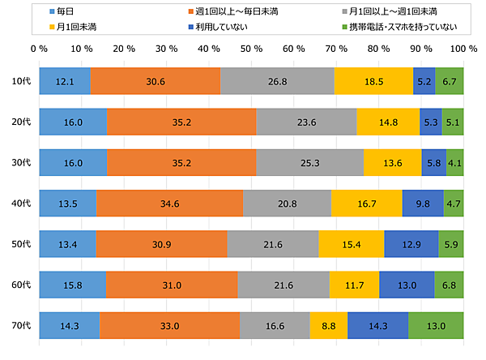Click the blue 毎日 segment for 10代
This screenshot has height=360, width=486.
point(65,81)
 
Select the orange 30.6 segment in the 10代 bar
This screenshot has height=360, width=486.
point(156,81)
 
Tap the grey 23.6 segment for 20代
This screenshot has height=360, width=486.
point(306,121)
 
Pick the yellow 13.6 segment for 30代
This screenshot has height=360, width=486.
point(393,162)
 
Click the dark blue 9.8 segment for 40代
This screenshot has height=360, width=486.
point(423,203)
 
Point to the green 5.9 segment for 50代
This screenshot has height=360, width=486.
point(451,243)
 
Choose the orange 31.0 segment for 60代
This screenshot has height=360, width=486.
point(172,284)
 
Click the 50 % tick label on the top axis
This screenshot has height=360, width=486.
point(251,49)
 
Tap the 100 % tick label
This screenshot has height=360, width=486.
point(463,49)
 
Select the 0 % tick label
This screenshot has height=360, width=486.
point(38,49)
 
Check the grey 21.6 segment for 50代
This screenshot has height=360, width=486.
point(273,243)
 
